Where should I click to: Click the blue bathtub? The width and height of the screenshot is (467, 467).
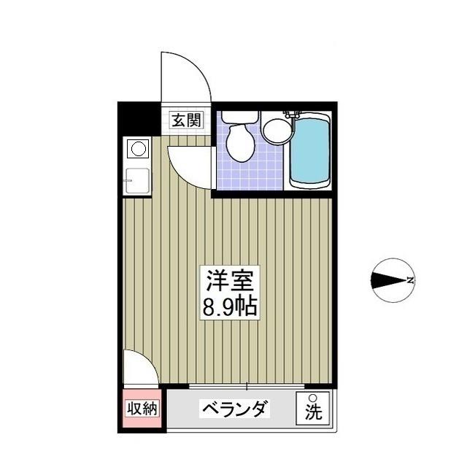coord(310,151)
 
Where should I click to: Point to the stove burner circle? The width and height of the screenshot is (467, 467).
coord(136,150)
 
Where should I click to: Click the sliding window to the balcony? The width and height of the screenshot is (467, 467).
coord(248,385)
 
